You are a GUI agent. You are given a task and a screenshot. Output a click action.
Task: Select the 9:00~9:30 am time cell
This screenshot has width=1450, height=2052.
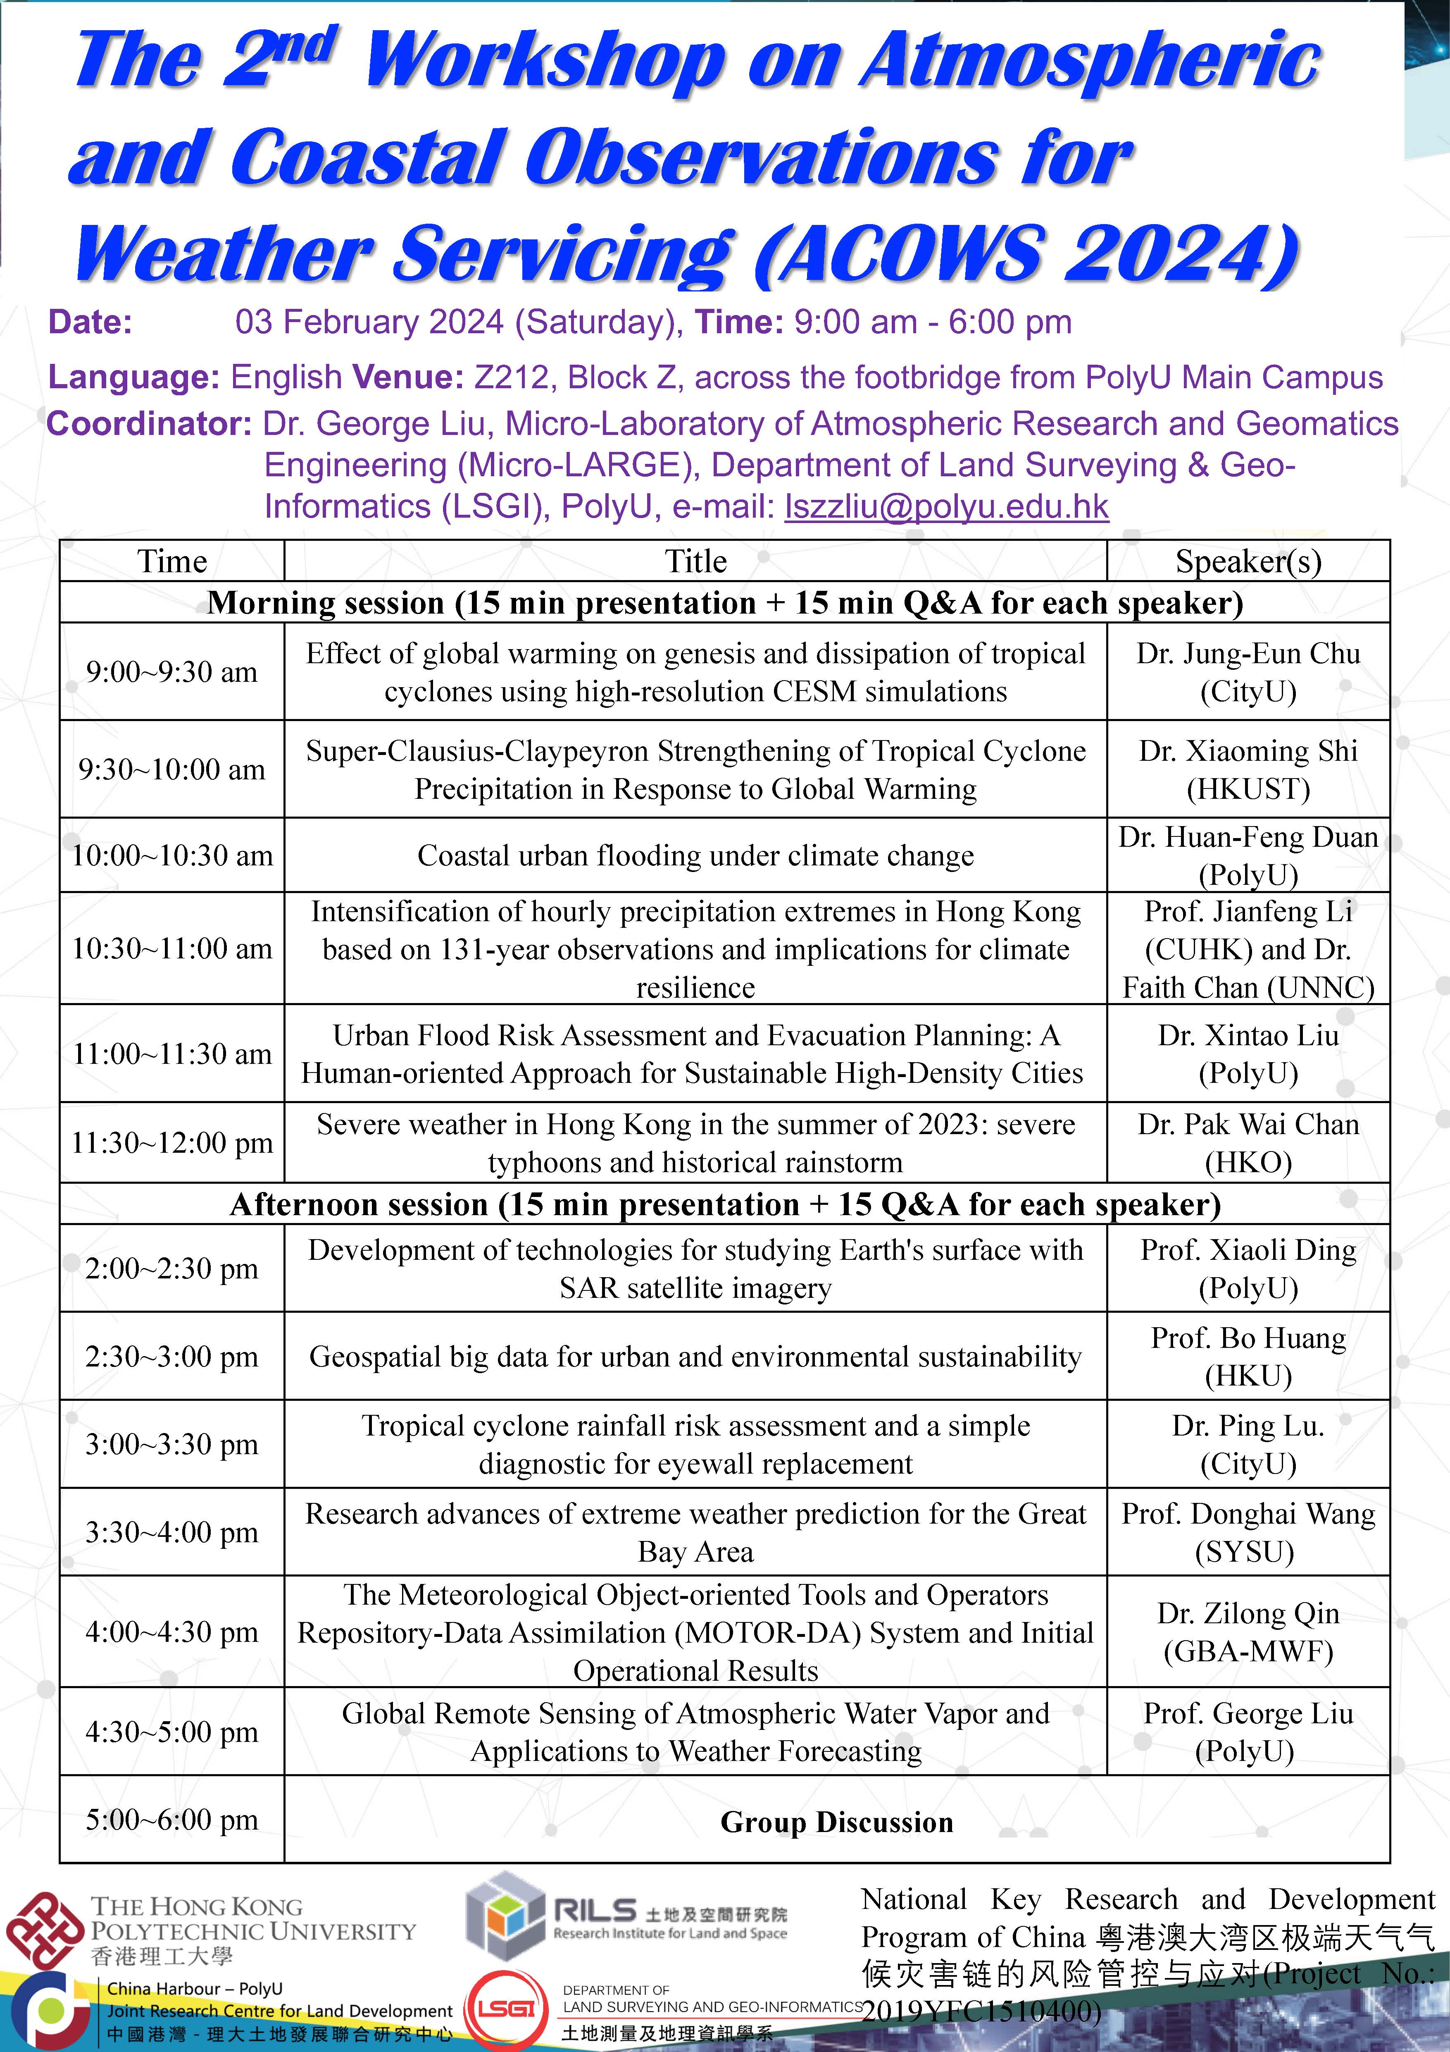pyautogui.click(x=171, y=672)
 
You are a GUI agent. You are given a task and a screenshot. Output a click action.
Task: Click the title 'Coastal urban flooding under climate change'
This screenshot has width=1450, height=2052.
pyautogui.click(x=695, y=855)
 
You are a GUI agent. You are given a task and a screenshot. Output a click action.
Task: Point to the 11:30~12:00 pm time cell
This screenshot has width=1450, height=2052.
pyautogui.click(x=171, y=1143)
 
